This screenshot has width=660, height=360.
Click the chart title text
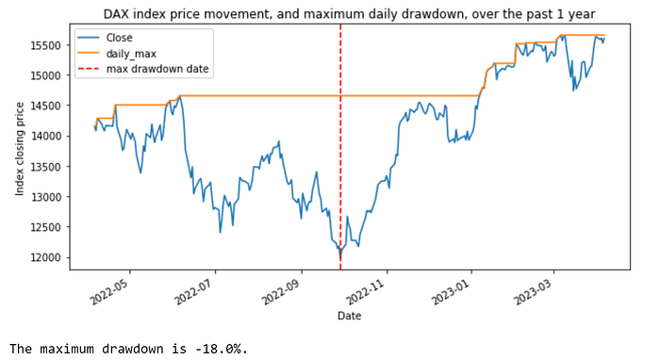(350, 14)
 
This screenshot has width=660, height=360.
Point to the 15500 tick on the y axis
(45, 45)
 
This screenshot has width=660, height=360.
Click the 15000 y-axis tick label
(45, 75)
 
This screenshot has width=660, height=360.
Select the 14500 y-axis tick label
(45, 106)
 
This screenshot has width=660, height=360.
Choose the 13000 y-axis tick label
(45, 197)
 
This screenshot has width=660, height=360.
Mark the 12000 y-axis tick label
(45, 257)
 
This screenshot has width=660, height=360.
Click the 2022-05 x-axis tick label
(110, 290)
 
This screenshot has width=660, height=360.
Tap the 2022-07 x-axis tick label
(195, 290)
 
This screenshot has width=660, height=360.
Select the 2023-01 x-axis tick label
(452, 290)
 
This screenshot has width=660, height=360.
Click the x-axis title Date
(350, 316)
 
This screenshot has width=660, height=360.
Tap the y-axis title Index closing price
(20, 149)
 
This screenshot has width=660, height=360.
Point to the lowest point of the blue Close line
(340, 254)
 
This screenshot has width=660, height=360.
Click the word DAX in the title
(115, 14)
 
